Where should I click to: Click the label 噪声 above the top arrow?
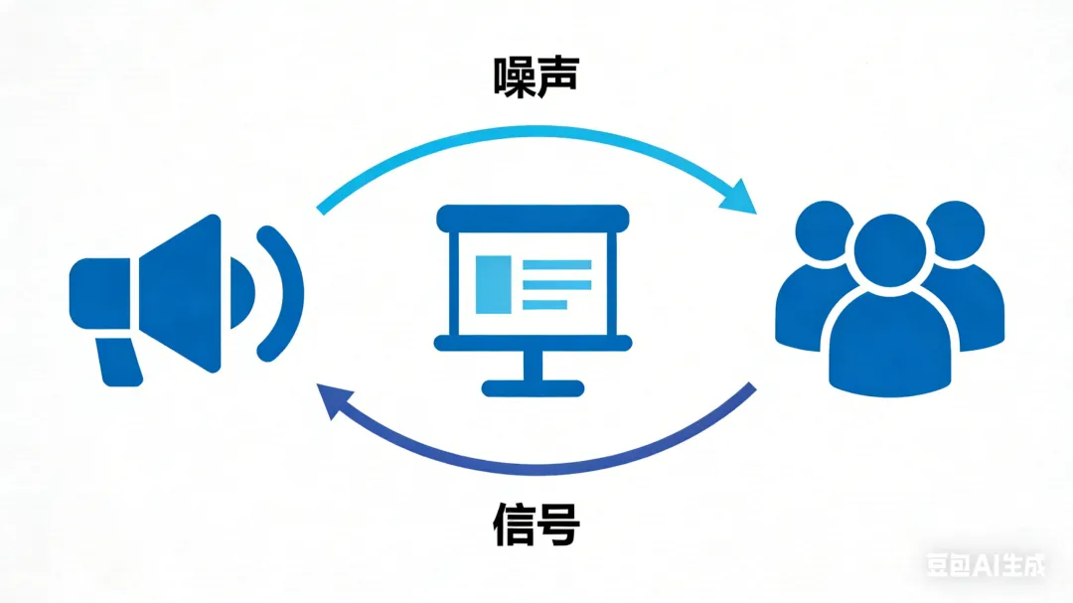[536, 75]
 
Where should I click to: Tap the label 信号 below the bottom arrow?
[536, 526]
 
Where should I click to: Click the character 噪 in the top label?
[515, 75]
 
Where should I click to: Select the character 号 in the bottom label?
[558, 526]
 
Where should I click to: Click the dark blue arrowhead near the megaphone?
[332, 401]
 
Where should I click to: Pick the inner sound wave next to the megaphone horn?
[242, 294]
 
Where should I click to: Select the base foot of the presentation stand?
[533, 388]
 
